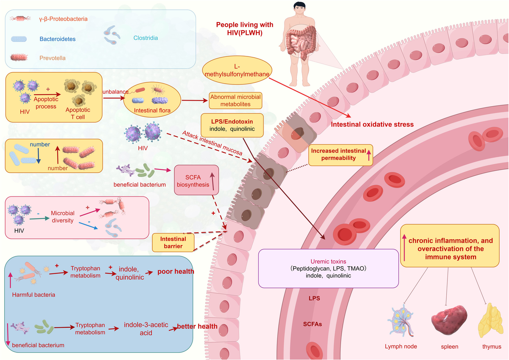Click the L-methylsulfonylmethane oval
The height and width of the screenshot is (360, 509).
(237, 70)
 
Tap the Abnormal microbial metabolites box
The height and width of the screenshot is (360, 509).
(235, 101)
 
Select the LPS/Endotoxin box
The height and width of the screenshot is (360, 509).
(232, 125)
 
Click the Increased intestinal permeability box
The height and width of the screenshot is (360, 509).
(340, 155)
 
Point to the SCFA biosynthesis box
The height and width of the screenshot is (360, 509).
(196, 180)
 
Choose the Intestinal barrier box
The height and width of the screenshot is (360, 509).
(173, 243)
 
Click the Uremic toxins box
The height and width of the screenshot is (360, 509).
(328, 268)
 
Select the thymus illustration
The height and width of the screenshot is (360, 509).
(490, 321)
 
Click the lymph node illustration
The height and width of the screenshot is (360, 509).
(400, 321)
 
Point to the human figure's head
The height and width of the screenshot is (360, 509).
(299, 8)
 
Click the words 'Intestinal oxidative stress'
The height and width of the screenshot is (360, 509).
(372, 124)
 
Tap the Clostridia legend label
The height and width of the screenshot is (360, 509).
(145, 38)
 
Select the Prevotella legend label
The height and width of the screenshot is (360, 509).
(53, 58)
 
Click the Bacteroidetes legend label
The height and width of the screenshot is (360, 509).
(58, 39)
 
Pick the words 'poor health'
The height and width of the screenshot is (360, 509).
(176, 271)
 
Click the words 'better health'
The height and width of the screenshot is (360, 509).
(197, 326)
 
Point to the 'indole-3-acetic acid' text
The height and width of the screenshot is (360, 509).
(146, 329)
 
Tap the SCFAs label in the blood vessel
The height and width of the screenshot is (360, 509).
(313, 324)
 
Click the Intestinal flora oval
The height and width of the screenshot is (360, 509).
(152, 100)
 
